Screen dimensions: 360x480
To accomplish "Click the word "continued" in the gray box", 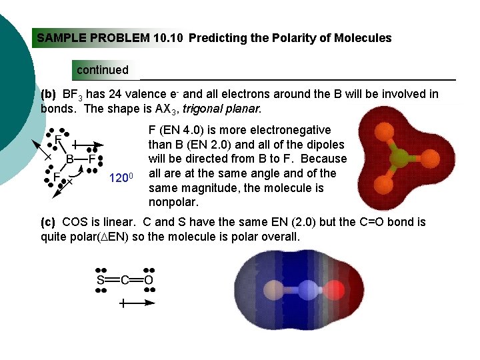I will click(x=103, y=70).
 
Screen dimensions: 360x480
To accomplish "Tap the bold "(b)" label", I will click(x=49, y=94).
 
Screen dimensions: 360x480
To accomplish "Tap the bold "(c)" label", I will click(x=49, y=221).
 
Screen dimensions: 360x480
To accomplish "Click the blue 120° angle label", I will click(x=122, y=177).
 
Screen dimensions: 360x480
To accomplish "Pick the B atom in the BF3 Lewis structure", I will click(x=69, y=159).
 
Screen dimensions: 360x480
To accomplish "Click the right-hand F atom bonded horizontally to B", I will click(x=93, y=159).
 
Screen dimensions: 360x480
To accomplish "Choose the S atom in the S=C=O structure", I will click(x=101, y=281).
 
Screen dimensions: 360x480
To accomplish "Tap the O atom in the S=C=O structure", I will click(x=148, y=281).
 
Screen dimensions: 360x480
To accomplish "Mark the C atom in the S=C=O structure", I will click(x=124, y=281).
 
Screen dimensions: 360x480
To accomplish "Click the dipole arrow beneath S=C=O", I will click(x=137, y=303).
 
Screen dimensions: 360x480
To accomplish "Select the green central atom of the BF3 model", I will click(x=399, y=159).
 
